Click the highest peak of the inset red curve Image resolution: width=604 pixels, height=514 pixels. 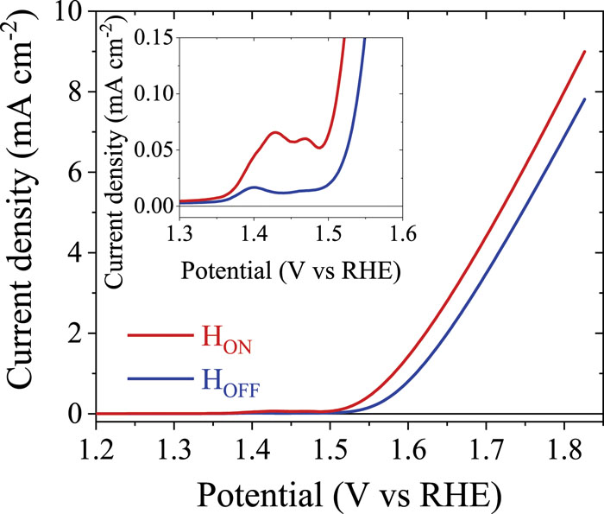[275, 132]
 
